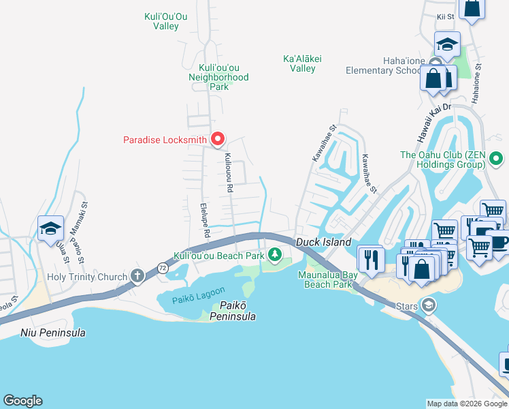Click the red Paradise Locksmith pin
(x=218, y=139)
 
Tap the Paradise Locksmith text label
(x=165, y=140)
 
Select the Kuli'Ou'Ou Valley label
(x=162, y=21)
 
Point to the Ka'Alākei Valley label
(x=302, y=63)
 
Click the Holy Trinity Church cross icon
(x=137, y=277)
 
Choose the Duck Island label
(x=323, y=243)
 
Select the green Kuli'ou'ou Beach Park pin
(x=275, y=255)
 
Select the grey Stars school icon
(x=427, y=304)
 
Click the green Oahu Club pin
(x=497, y=160)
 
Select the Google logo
(x=22, y=401)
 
